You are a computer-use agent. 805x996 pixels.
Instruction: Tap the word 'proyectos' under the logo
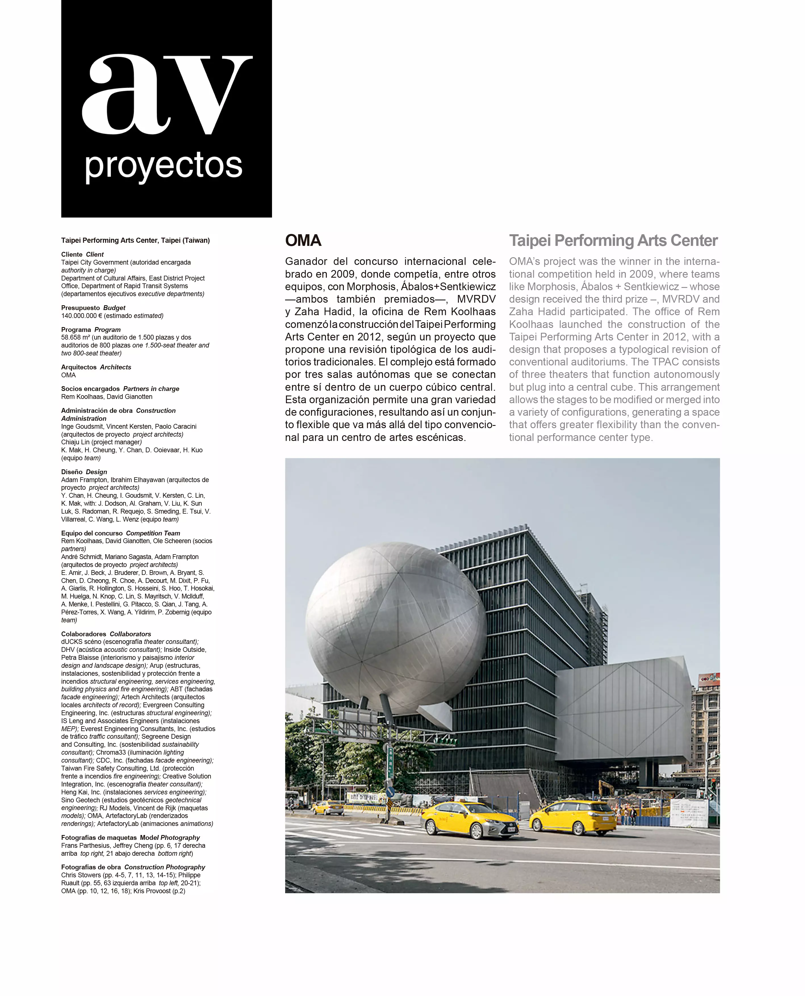(x=164, y=166)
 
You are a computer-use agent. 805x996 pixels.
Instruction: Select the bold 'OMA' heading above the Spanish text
(x=303, y=241)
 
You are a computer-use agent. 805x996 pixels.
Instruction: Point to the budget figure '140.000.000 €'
(x=81, y=316)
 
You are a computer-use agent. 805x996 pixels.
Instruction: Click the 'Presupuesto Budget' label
(x=93, y=308)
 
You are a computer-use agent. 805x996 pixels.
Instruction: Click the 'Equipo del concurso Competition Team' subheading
(x=121, y=533)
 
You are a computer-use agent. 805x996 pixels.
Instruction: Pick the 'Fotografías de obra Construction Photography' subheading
(x=133, y=867)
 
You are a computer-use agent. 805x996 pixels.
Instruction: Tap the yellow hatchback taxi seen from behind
(x=573, y=817)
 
